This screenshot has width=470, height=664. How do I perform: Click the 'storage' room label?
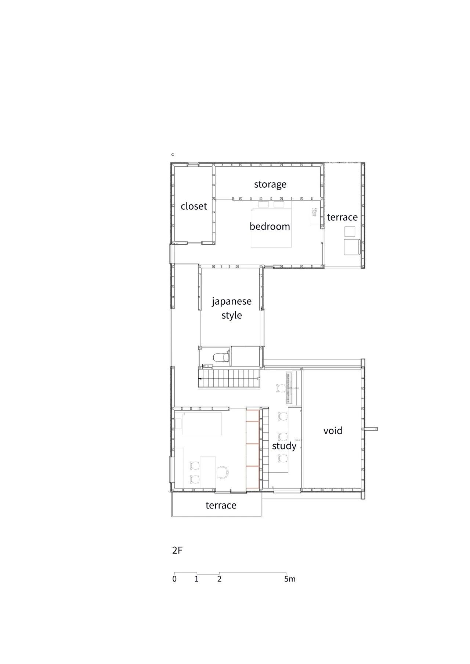click(x=270, y=184)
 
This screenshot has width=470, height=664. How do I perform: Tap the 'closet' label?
click(x=194, y=206)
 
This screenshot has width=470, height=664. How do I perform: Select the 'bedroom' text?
click(x=270, y=226)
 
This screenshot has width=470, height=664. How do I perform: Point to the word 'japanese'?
click(x=232, y=301)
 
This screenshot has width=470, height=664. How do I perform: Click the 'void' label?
click(x=333, y=430)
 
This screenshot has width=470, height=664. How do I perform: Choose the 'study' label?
click(x=284, y=446)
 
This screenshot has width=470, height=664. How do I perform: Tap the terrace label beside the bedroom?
click(x=342, y=217)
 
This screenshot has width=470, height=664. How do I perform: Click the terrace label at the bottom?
click(x=221, y=505)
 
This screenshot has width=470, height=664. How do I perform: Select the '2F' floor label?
click(x=177, y=550)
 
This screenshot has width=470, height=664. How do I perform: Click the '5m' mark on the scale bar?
click(x=290, y=579)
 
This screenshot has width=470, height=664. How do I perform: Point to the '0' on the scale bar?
click(x=174, y=579)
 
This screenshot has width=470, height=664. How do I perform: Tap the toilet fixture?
click(x=221, y=357)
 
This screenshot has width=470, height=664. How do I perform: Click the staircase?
click(x=229, y=379)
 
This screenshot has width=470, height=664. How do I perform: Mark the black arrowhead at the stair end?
click(x=200, y=378)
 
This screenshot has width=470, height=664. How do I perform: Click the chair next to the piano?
click(x=281, y=388)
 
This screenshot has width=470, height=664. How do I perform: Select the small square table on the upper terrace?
click(x=350, y=231)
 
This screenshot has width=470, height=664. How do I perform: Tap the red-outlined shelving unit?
click(x=253, y=449)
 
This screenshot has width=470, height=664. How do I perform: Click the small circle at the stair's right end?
click(x=259, y=378)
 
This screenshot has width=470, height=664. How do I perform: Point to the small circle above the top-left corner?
click(x=173, y=155)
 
